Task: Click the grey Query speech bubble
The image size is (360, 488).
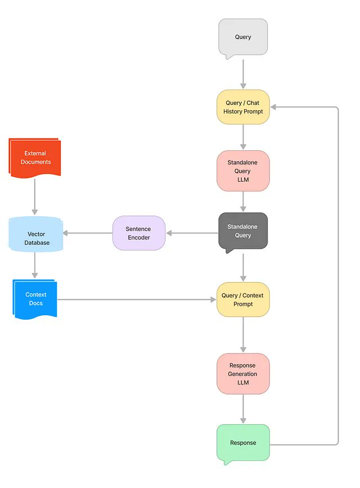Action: [x=243, y=37]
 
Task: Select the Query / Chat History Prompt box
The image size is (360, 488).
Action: [x=243, y=107]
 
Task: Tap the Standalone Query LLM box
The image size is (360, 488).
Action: [x=243, y=171]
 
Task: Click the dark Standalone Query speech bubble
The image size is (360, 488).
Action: [x=243, y=231]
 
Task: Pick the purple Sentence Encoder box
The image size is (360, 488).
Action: [x=139, y=233]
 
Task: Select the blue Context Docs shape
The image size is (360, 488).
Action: [x=35, y=299]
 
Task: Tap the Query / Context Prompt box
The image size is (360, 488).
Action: [x=243, y=299]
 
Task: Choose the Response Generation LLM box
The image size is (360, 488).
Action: [x=243, y=374]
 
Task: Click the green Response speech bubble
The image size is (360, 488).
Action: [x=243, y=443]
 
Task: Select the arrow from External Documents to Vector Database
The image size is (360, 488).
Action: [x=35, y=197]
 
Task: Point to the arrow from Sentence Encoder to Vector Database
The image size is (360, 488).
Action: [x=87, y=233]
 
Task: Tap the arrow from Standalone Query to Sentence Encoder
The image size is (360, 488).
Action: [x=192, y=233]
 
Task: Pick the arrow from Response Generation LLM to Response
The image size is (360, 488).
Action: [x=243, y=409]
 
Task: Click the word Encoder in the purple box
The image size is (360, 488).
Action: [x=139, y=238]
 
